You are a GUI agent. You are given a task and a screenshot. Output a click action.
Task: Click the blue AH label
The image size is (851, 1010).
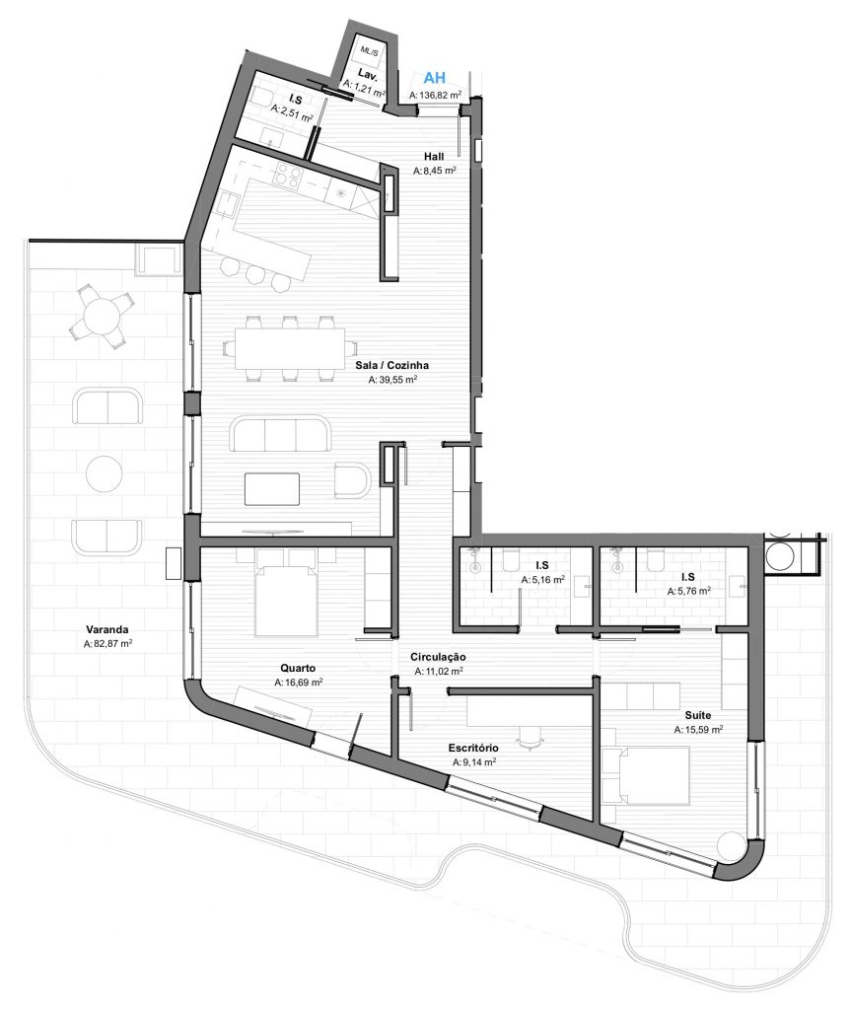434,78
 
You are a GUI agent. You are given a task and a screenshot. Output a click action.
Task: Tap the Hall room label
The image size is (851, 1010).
434,156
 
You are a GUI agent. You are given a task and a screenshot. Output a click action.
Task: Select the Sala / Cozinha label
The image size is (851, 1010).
391,365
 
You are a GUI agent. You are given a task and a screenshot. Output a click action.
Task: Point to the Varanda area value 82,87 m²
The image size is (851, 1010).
108,643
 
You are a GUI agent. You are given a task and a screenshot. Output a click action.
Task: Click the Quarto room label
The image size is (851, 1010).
298,668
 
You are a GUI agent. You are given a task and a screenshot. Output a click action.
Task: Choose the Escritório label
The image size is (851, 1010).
473,748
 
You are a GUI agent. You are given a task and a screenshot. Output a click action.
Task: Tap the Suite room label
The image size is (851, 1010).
698,715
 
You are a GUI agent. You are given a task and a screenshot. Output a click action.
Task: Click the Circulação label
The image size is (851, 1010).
438,657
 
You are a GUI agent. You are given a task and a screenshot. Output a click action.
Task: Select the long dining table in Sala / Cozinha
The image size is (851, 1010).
289,348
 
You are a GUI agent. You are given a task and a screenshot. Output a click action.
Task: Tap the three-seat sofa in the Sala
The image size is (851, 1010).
280,434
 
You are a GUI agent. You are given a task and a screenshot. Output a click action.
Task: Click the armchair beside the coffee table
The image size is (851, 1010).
352,480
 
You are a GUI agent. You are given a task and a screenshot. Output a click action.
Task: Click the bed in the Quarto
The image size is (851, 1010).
286,593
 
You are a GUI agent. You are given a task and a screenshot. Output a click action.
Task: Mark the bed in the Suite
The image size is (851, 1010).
645,775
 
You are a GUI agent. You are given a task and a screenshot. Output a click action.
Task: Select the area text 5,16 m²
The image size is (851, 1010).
542,579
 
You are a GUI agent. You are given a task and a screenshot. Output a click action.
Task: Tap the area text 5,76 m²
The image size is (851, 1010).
688,590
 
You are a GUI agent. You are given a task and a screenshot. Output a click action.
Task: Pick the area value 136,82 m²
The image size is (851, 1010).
435,95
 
